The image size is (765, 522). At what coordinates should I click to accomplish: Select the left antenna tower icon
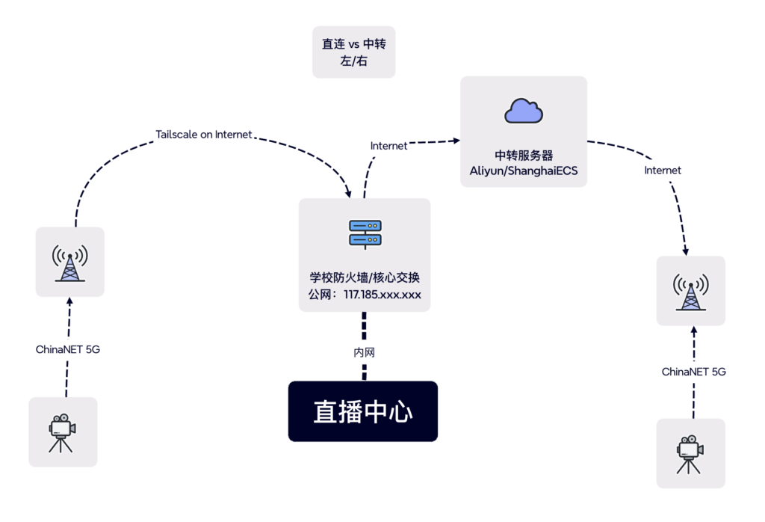pyautogui.click(x=69, y=262)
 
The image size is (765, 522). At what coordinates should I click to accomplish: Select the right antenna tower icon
pyautogui.click(x=690, y=291)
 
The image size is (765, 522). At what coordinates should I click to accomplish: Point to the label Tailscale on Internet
pyautogui.click(x=204, y=135)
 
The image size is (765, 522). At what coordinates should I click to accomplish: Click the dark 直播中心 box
pyautogui.click(x=363, y=411)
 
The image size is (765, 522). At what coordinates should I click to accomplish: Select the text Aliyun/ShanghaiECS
pyautogui.click(x=524, y=171)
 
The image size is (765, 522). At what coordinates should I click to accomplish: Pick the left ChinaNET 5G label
pyautogui.click(x=68, y=349)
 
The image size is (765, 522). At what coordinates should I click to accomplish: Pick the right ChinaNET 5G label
pyautogui.click(x=694, y=372)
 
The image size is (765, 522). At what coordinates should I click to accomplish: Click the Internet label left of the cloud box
pyautogui.click(x=389, y=146)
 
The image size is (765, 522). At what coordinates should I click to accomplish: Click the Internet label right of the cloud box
pyautogui.click(x=663, y=171)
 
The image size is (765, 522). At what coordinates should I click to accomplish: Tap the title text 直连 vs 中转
pyautogui.click(x=353, y=44)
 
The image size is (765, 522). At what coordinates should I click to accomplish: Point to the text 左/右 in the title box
pyautogui.click(x=353, y=62)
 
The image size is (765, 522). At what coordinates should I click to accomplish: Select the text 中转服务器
pyautogui.click(x=524, y=156)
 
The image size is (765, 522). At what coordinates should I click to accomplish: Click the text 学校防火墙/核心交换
pyautogui.click(x=365, y=277)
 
